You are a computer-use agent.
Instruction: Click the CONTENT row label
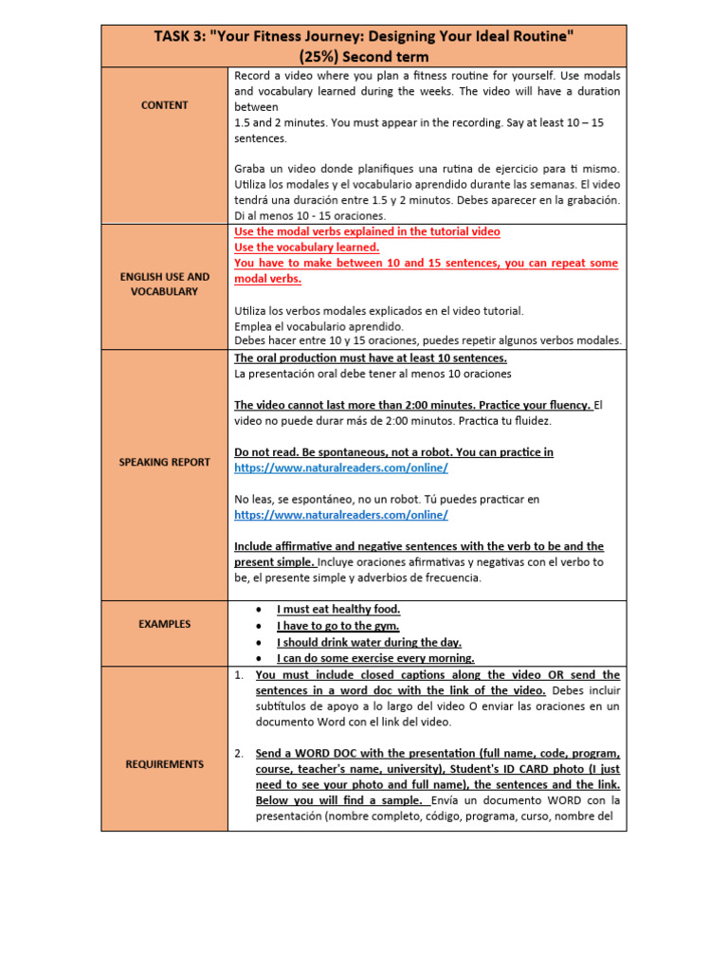coord(164,105)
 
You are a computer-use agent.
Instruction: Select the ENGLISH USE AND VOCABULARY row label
coord(164,284)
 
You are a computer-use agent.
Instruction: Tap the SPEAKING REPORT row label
coord(164,462)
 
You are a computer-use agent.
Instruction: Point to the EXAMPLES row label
coord(164,624)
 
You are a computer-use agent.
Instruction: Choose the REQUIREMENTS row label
coord(164,763)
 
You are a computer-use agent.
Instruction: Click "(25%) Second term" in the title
coord(363,57)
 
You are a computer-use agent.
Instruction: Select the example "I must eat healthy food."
coord(337,609)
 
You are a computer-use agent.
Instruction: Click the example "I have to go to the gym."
coord(337,626)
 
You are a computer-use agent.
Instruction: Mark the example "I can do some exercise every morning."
coord(375,658)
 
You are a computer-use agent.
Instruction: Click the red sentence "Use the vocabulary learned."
coord(305,247)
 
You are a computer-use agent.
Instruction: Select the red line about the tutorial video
coord(367,231)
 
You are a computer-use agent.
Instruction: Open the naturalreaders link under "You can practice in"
coord(340,467)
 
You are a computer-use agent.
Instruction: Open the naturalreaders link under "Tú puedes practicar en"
coord(340,514)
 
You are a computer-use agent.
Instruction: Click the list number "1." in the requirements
coord(239,675)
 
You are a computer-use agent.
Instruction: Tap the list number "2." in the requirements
coord(239,753)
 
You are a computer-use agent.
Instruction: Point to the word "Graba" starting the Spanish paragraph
coord(250,169)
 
